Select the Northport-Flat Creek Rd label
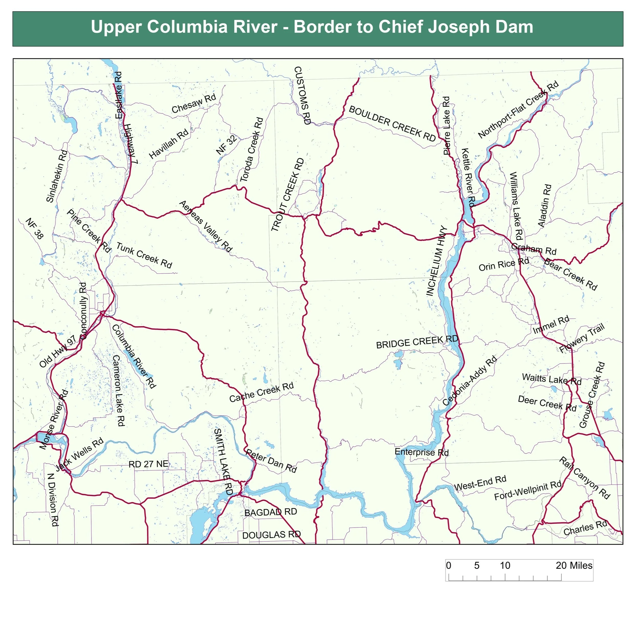(518, 110)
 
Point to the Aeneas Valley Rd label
(206, 227)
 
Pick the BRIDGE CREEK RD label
(417, 342)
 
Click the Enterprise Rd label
(421, 452)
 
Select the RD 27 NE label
(149, 464)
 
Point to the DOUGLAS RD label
(271, 535)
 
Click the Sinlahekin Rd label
(57, 176)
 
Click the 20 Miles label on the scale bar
(574, 566)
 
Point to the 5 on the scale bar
(477, 566)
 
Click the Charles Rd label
(585, 528)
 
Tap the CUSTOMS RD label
(302, 95)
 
